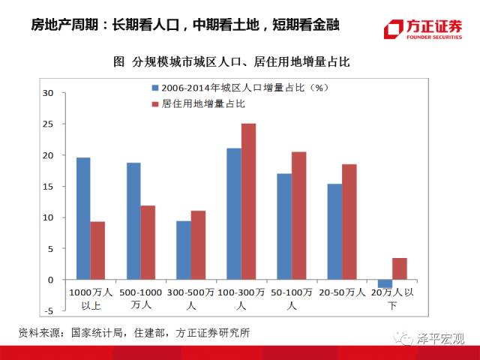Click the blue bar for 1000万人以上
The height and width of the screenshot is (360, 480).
(83, 218)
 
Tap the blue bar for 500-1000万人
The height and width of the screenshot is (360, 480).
(133, 221)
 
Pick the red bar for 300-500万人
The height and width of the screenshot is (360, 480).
(198, 245)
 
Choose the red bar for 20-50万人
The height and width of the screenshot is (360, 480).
(349, 222)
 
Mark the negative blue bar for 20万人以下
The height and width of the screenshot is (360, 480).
(385, 283)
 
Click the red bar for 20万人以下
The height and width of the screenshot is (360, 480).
(399, 268)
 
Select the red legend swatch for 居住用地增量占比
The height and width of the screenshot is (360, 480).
(154, 103)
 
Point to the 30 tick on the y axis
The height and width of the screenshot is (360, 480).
(49, 93)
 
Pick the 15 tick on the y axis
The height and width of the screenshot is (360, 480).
(49, 187)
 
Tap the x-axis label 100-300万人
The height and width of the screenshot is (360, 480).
(241, 298)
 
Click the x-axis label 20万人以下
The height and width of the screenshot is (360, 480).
(391, 298)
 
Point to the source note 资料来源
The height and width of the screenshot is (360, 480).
(134, 332)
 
